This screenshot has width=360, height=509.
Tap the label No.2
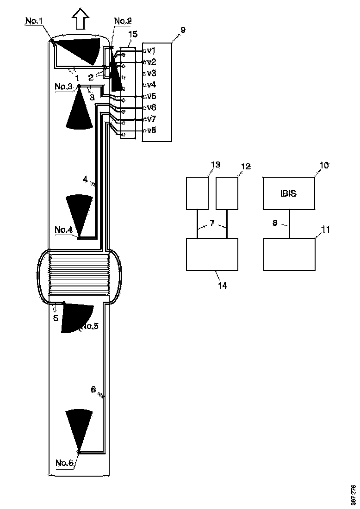pyautogui.click(x=123, y=20)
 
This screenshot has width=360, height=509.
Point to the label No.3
pyautogui.click(x=63, y=87)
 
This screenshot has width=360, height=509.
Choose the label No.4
pyautogui.click(x=63, y=230)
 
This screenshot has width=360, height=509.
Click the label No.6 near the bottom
pyautogui.click(x=64, y=461)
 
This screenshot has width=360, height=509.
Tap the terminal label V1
pyautogui.click(x=151, y=50)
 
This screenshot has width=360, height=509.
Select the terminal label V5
pyautogui.click(x=151, y=96)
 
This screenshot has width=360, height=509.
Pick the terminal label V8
pyautogui.click(x=151, y=130)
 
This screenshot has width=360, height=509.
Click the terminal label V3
pyautogui.click(x=151, y=73)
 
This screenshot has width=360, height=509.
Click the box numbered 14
pyautogui.click(x=212, y=254)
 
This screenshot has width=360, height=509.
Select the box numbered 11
pyautogui.click(x=289, y=254)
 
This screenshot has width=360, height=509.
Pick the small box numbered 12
pyautogui.click(x=227, y=193)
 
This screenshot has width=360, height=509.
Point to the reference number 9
pyautogui.click(x=183, y=30)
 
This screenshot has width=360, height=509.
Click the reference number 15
pyautogui.click(x=133, y=34)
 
